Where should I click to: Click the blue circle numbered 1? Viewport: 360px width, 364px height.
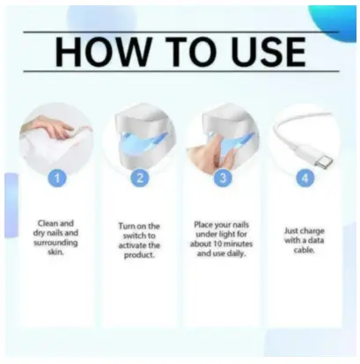57,178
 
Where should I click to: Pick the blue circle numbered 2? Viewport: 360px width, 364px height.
140,178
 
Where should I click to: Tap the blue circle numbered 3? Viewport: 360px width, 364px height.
223,178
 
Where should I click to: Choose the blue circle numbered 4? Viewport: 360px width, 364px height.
305,178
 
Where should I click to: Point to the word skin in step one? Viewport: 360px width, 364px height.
55,251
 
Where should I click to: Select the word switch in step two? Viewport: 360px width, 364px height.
136,236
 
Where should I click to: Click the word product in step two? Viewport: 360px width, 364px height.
139,255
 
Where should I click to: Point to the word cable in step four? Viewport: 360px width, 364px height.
305,251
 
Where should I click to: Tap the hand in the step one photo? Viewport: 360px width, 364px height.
55,128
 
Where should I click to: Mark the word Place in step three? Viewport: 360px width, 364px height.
203,225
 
